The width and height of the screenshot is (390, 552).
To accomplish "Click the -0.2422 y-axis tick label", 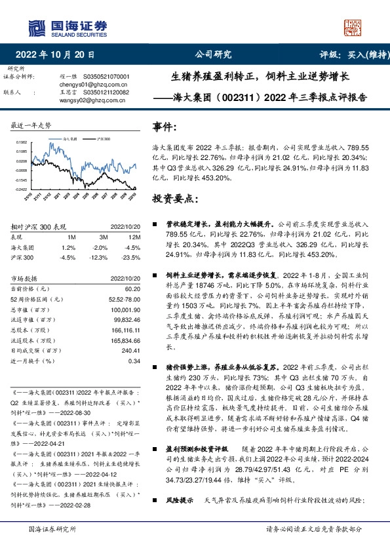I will click(x=22, y=189).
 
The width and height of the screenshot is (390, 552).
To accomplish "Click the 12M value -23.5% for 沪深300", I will click(x=132, y=256).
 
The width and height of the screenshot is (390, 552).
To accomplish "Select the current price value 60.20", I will click(x=133, y=289).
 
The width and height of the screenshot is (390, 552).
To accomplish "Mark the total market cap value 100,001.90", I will click(x=127, y=309).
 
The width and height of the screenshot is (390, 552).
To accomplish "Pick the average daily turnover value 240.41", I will click(x=130, y=350).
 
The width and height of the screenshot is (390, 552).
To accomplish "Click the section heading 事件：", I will click(x=165, y=126).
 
